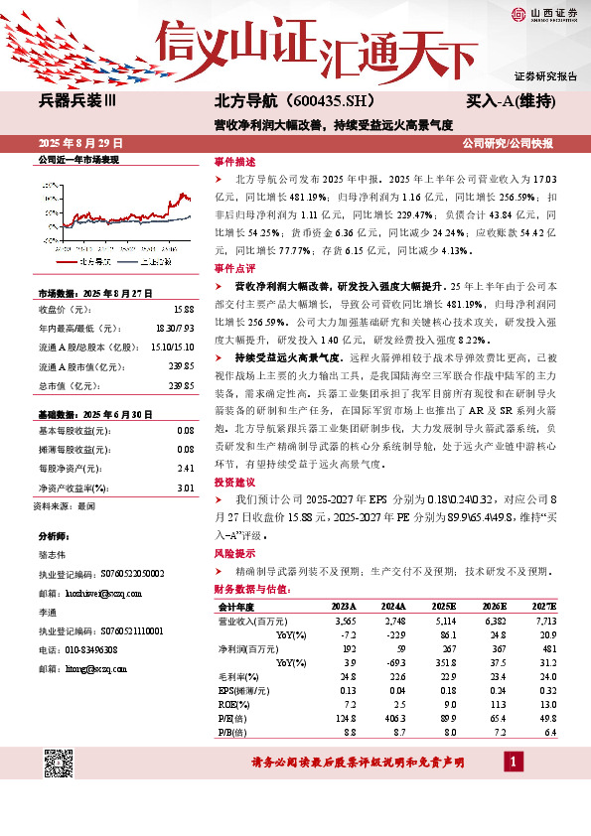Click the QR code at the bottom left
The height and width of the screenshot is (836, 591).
58,764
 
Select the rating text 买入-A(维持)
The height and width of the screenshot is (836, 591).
511,101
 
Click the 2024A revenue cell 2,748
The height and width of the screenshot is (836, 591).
393,619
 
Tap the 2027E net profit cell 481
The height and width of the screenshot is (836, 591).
547,646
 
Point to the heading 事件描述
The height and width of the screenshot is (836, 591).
234,162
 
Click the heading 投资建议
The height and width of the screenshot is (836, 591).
234,482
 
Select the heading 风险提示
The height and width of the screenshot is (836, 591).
234,554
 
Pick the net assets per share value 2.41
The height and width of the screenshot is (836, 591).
185,468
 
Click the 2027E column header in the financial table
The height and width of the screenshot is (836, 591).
545,605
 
